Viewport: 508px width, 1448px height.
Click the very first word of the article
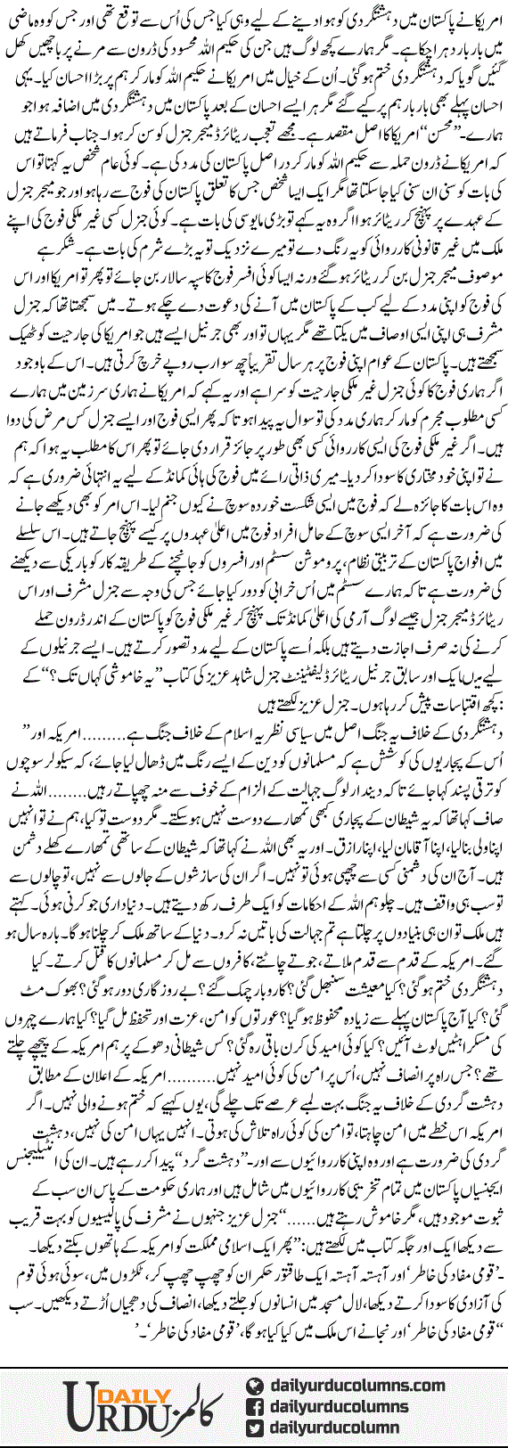click(481, 16)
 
